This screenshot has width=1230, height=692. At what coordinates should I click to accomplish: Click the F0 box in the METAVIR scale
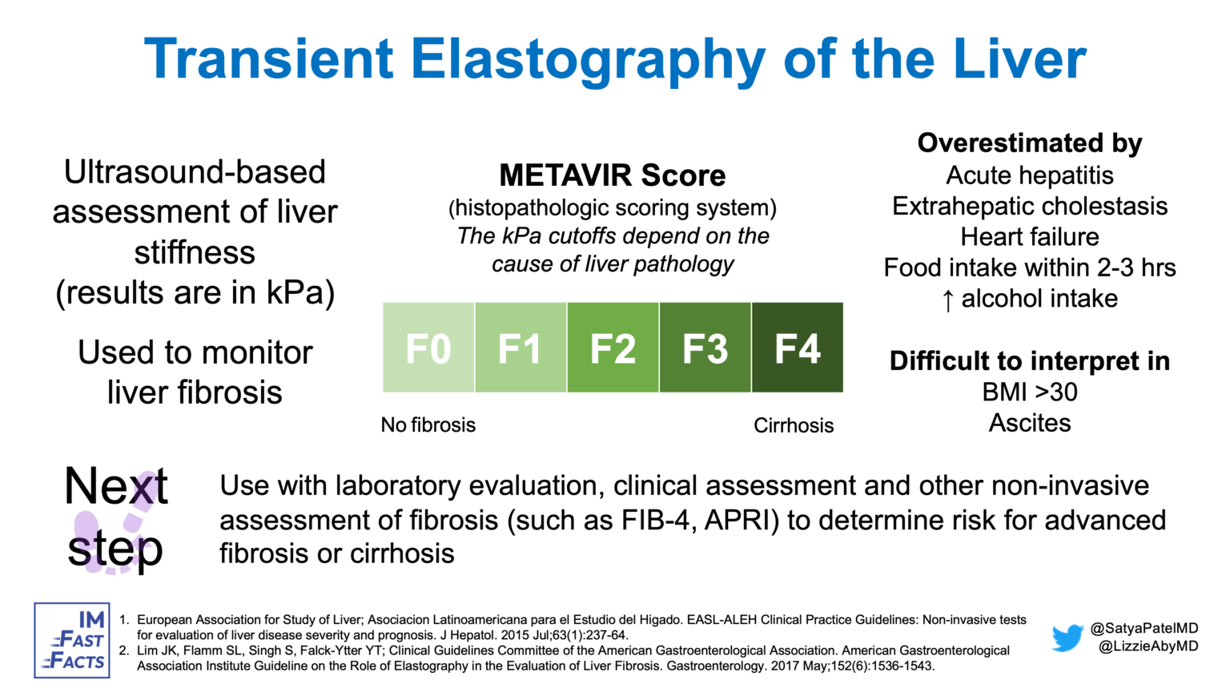click(x=428, y=348)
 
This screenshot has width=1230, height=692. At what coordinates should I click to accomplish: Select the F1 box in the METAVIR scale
click(x=521, y=348)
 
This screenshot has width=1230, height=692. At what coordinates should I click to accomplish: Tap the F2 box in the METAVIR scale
click(x=613, y=348)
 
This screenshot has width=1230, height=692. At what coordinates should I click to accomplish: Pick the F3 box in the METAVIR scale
click(x=705, y=348)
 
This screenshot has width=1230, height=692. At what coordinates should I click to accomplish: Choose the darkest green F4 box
click(x=798, y=348)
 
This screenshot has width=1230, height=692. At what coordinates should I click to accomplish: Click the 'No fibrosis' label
click(x=428, y=424)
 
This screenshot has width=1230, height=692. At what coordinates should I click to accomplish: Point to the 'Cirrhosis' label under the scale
click(x=794, y=425)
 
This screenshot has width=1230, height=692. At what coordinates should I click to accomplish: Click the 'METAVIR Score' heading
click(x=612, y=175)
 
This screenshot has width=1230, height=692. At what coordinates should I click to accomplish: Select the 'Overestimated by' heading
click(x=1030, y=143)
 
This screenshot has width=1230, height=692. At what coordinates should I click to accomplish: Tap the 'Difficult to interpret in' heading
click(x=1030, y=360)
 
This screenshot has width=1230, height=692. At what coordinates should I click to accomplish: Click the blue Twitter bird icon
click(x=1067, y=638)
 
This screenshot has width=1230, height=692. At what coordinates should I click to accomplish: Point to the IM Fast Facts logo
click(x=72, y=640)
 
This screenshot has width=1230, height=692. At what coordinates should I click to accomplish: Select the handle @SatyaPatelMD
click(x=1144, y=629)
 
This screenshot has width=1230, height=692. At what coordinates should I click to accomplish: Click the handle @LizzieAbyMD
click(x=1148, y=646)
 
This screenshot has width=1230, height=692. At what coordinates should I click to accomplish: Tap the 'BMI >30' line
click(x=1030, y=392)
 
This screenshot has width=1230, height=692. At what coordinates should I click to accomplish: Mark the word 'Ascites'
click(x=1030, y=422)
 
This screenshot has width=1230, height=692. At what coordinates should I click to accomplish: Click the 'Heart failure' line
click(x=1030, y=236)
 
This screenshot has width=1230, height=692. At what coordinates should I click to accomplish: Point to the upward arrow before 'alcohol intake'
click(x=947, y=300)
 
